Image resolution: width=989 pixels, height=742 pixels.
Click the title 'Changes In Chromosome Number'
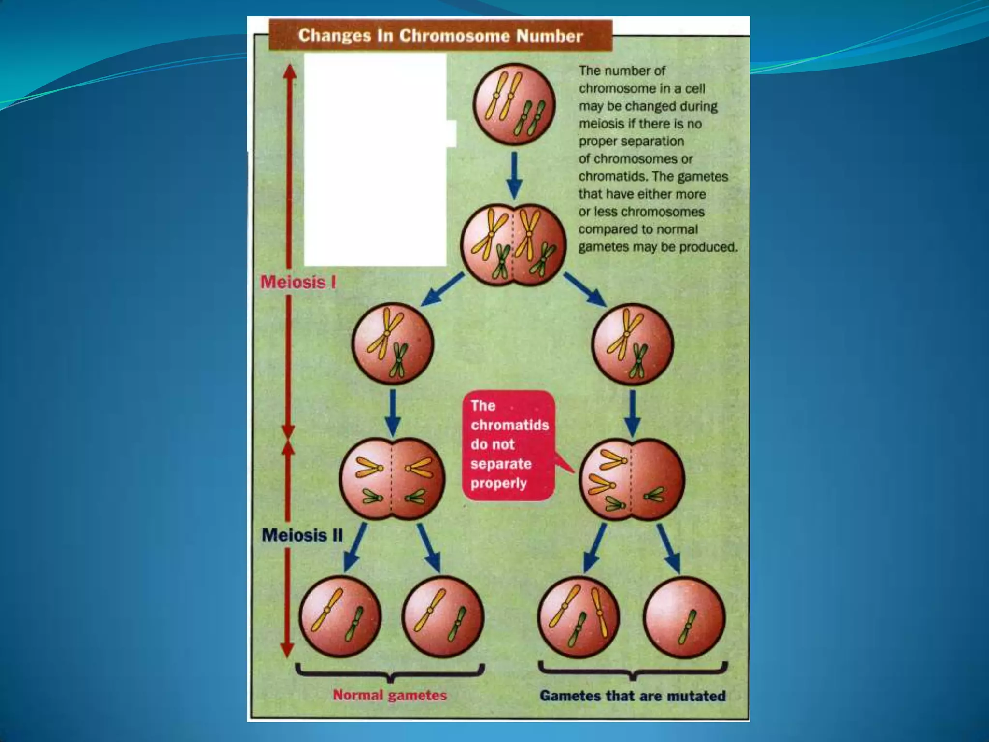pos(440,36)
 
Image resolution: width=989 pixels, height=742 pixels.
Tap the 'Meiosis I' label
pos(298,282)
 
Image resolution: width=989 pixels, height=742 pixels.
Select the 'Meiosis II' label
pos(302,535)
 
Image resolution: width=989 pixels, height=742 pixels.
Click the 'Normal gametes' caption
pos(390,695)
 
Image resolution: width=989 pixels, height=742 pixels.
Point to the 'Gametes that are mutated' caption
pos(633,696)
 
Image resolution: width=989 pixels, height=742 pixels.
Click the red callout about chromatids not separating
pos(509,445)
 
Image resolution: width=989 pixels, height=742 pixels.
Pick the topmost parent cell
pos(514,104)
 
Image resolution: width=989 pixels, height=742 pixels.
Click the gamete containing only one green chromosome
pos(685,617)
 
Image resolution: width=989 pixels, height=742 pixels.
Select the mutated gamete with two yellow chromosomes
pos(579,617)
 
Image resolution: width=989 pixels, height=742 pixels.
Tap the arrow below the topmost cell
pos(514,174)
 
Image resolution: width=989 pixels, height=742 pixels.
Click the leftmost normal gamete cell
pos(340,617)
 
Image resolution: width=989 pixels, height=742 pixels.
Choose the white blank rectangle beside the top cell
pos(375,159)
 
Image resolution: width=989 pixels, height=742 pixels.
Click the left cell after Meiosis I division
pos(392,344)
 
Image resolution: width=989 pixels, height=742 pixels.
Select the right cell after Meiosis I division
pos(633,344)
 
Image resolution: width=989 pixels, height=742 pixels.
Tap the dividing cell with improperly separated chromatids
pos(632,479)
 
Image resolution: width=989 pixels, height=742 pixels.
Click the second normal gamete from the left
pos(443,617)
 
